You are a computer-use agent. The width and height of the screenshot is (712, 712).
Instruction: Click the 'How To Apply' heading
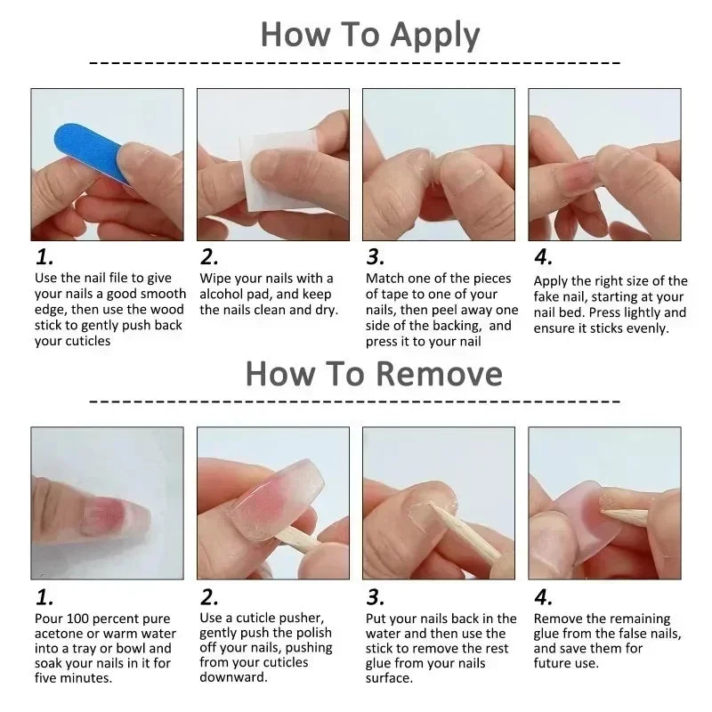pos(369,35)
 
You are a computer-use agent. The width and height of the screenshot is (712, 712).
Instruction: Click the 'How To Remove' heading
pos(374,373)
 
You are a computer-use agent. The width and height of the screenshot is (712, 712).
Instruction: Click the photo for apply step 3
pos(439,165)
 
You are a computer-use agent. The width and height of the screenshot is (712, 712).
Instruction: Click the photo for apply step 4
pos(604,165)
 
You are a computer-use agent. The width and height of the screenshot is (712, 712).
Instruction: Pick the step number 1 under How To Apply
pos(44,258)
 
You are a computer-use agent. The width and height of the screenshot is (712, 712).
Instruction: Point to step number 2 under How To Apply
pos(209,258)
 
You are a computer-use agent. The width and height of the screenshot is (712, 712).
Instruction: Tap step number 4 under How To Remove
pos(543,596)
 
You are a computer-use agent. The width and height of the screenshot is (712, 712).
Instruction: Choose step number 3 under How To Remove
pos(376,596)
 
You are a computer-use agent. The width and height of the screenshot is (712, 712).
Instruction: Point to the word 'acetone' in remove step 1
pos(60,635)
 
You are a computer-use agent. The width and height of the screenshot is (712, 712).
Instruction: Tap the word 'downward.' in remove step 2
pos(234,678)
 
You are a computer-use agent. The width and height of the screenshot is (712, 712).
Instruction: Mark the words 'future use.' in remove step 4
pos(566,663)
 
